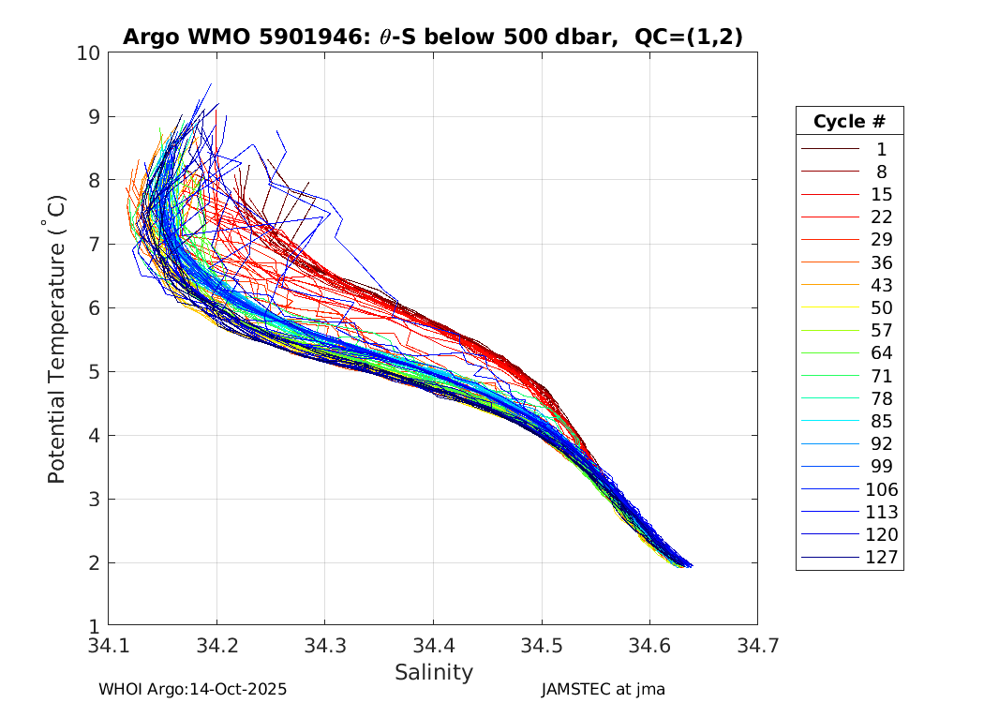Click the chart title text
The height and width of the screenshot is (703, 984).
(x=432, y=37)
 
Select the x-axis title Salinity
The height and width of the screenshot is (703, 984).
(x=433, y=672)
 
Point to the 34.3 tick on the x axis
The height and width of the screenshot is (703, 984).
(x=324, y=646)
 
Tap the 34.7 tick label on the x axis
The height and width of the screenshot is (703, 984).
(x=756, y=646)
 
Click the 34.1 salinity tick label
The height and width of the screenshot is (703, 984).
(x=109, y=646)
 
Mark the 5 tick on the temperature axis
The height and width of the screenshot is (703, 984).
(x=94, y=372)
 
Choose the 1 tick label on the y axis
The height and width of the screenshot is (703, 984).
(x=94, y=626)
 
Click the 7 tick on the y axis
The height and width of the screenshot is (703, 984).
(x=94, y=245)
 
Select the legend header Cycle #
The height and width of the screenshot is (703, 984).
(x=849, y=122)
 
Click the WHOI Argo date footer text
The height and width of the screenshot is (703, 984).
(x=192, y=690)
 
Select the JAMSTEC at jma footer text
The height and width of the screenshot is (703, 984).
(x=603, y=690)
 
